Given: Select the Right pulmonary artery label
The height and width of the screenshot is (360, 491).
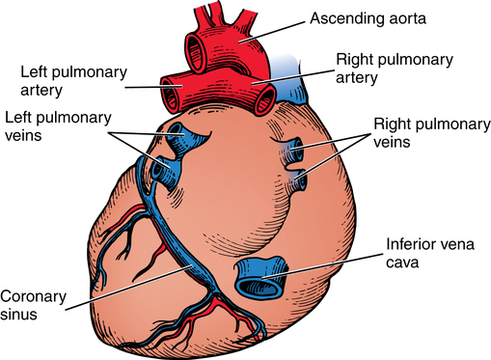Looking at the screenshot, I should point(394,69).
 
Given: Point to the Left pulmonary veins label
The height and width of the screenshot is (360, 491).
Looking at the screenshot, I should point(52,125).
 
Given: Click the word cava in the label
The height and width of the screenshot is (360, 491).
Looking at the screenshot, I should point(403,263).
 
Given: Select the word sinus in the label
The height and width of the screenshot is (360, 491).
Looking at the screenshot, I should point(21,314).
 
